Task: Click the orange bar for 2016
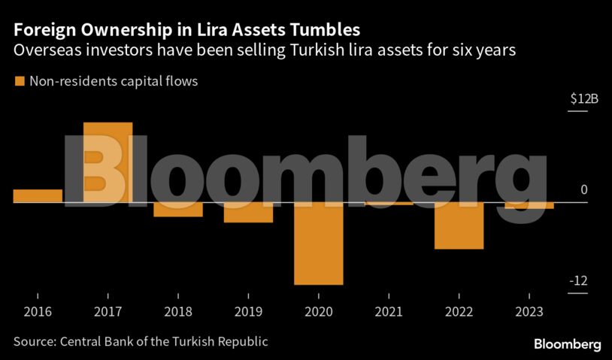(38, 196)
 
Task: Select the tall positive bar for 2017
(108, 162)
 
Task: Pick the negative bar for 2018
(178, 210)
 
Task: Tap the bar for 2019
(248, 213)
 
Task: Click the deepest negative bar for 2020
(319, 244)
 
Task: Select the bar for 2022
(459, 225)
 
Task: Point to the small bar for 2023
(529, 206)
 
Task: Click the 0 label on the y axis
(583, 191)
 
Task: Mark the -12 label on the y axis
(578, 281)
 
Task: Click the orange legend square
(19, 81)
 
